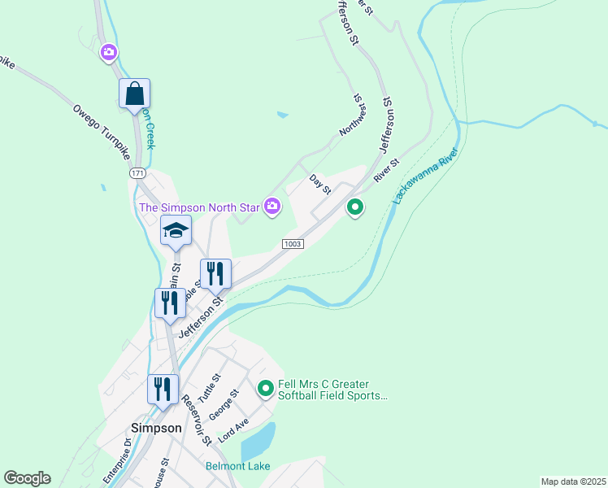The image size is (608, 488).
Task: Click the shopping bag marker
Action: coord(135,94)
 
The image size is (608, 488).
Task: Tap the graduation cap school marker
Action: coord(176,232)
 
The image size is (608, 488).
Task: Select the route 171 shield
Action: coord(137,174)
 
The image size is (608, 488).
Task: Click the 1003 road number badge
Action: coord(293,244)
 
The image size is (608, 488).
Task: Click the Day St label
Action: coord(320,184)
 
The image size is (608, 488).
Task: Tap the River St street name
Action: coord(387,169)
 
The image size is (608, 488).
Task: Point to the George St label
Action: coord(224,404)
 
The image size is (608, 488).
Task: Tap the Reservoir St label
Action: coord(196,420)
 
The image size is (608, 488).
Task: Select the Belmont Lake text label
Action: coord(236,466)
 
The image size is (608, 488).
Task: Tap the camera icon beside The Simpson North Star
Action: coord(272,207)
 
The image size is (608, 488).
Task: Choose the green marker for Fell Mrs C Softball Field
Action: coord(265,390)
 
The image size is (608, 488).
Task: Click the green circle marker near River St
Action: coord(355,208)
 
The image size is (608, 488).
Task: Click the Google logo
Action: coord(27,478)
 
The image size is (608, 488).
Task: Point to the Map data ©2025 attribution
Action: coord(572,481)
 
